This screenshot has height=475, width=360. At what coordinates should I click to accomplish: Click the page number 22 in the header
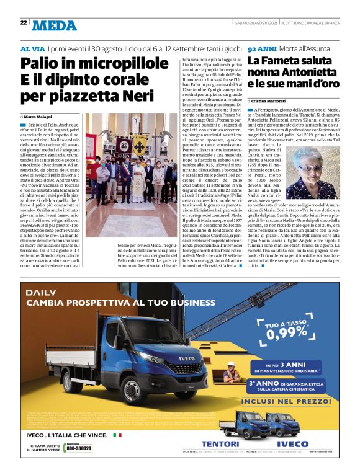(24, 23)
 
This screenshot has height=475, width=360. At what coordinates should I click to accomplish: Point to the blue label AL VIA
(33, 48)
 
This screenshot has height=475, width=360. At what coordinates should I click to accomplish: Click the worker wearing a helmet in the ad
(231, 372)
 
